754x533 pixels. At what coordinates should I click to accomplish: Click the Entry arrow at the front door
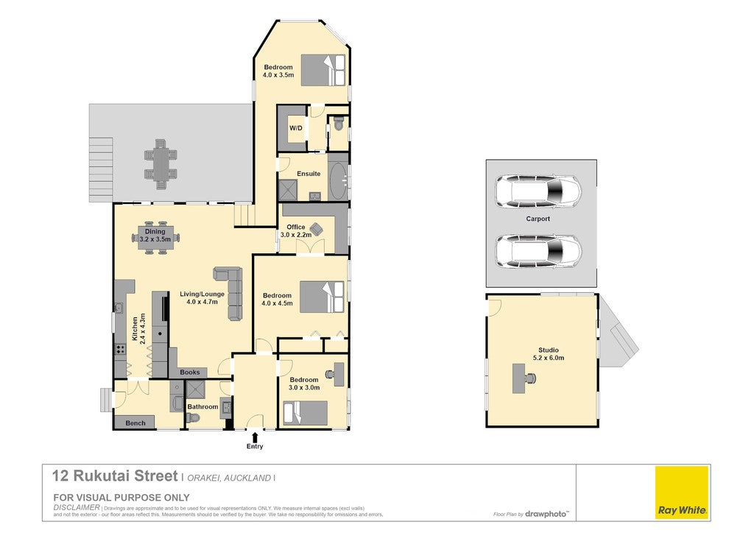(x=255, y=437)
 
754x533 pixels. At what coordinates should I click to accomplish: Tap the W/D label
(x=296, y=128)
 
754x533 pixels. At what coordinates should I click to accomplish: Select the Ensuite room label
(x=309, y=174)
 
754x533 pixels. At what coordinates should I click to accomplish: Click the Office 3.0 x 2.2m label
(x=296, y=230)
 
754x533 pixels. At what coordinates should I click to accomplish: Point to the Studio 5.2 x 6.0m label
(x=549, y=353)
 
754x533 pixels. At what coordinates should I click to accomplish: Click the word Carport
(x=538, y=219)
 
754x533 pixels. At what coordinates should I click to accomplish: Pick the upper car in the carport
(x=538, y=191)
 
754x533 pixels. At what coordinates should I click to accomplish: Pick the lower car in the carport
(x=538, y=252)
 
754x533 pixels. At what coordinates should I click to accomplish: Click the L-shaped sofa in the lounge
(x=230, y=292)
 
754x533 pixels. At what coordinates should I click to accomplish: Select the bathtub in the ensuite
(x=338, y=180)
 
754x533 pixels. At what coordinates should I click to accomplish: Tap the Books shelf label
(x=190, y=372)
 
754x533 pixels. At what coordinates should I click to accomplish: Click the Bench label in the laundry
(x=135, y=423)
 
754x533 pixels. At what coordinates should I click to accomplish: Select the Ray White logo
(x=683, y=493)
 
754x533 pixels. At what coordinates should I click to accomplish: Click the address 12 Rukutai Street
(x=116, y=476)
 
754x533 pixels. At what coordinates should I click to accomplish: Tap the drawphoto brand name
(x=546, y=514)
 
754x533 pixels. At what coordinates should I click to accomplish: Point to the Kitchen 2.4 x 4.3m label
(x=139, y=329)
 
